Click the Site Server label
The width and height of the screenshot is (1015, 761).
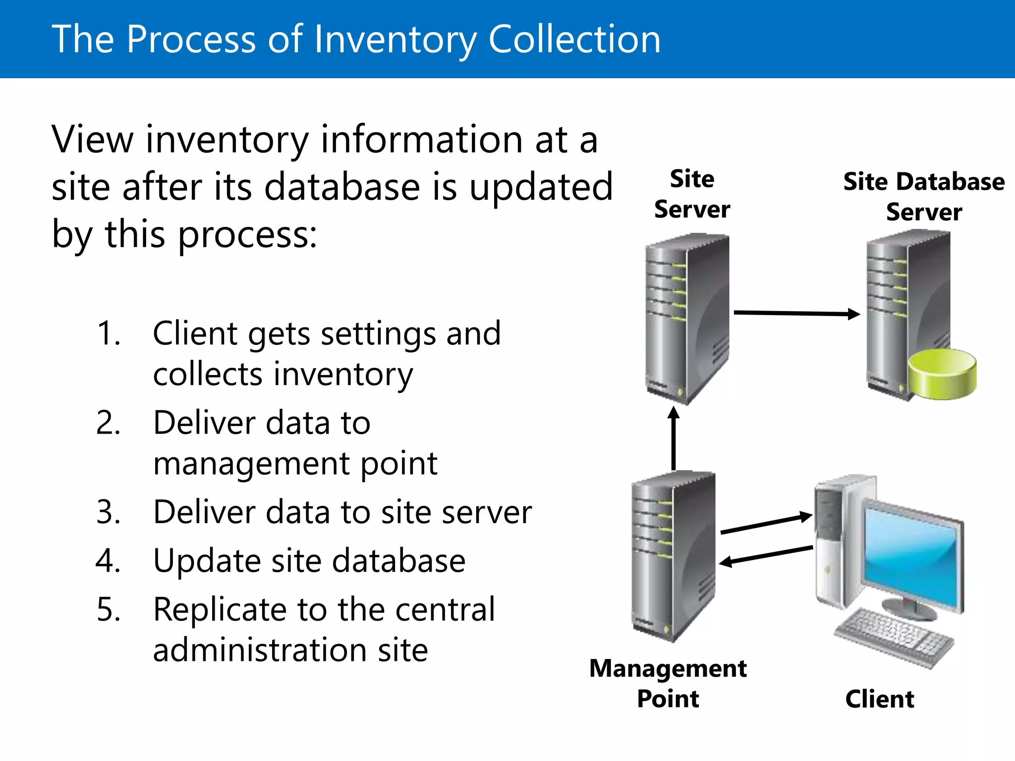tap(692, 194)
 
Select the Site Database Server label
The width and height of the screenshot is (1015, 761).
tap(924, 197)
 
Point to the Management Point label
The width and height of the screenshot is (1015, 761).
tap(668, 683)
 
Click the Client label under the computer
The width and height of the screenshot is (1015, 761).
tap(880, 699)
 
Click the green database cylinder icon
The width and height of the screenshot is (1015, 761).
tap(942, 374)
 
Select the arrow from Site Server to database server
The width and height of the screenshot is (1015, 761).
tap(795, 313)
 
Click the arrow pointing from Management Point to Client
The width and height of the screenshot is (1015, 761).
tap(766, 524)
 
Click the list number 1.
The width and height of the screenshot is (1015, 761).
tap(109, 333)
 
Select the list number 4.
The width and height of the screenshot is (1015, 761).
tap(109, 561)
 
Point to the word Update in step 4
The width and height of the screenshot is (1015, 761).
tap(206, 562)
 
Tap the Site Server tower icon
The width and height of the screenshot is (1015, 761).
tap(687, 317)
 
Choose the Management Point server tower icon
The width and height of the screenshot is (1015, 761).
tap(673, 555)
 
